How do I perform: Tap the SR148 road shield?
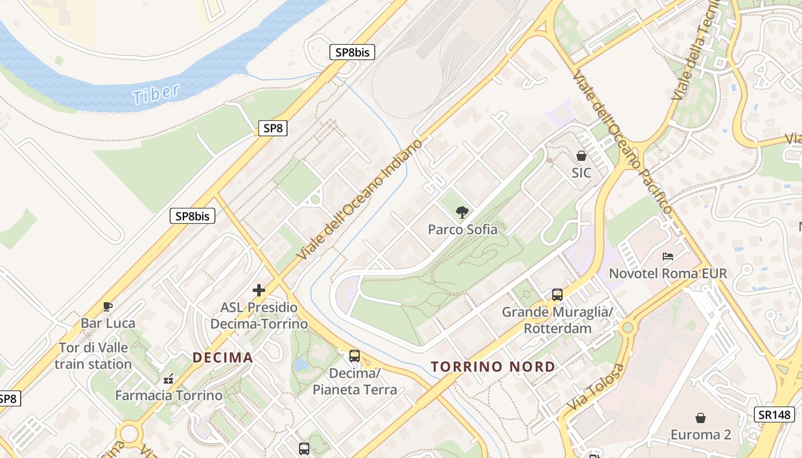(x=774, y=415)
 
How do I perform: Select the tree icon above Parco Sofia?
(x=462, y=213)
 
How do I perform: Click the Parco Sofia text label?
(x=463, y=230)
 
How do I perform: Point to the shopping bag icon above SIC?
(x=581, y=156)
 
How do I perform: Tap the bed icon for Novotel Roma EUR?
(x=667, y=256)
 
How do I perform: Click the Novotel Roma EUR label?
(x=667, y=273)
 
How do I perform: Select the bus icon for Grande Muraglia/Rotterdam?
(x=557, y=295)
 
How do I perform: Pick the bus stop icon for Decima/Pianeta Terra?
(x=355, y=356)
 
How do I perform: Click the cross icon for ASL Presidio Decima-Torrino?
(x=259, y=291)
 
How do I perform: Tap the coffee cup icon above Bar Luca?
(x=108, y=307)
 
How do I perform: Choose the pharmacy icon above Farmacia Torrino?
(x=168, y=378)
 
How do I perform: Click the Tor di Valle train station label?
(x=93, y=356)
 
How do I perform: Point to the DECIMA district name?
(x=222, y=358)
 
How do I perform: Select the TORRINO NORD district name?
(x=493, y=366)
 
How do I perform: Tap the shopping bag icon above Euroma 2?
(x=701, y=418)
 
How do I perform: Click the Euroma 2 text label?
(x=701, y=435)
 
